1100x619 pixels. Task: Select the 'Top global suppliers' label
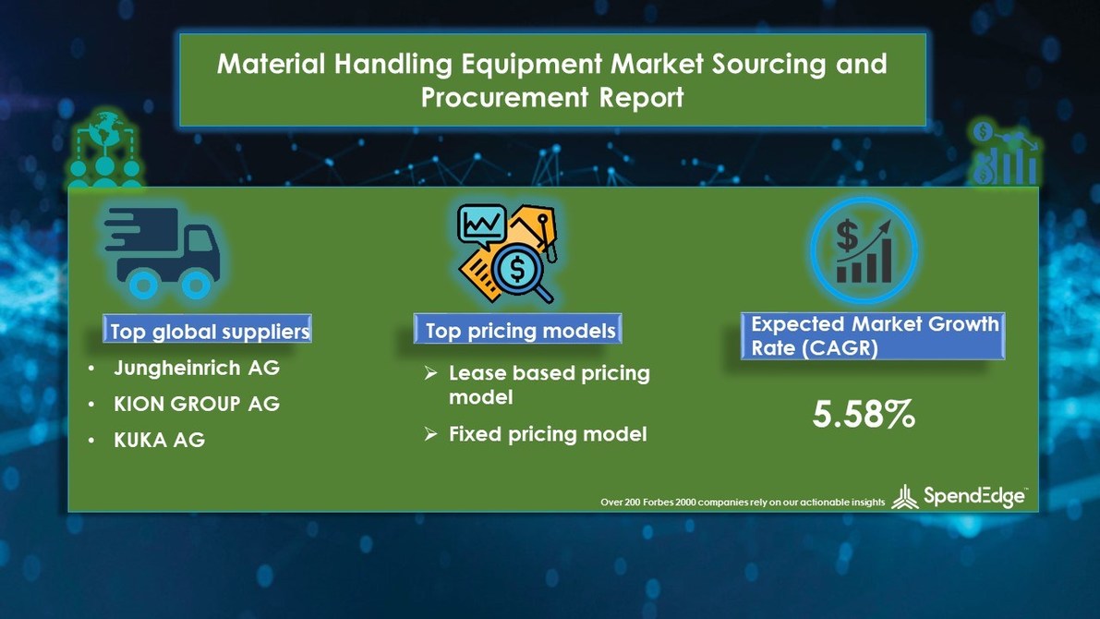[x=210, y=331]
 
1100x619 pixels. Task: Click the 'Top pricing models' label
[x=519, y=331]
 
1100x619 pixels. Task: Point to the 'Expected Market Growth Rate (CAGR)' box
[x=873, y=336]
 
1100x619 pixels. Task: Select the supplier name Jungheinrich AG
[x=196, y=368]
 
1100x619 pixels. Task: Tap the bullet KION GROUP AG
[x=196, y=404]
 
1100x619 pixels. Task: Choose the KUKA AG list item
[x=159, y=441]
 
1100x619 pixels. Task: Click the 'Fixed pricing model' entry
[x=547, y=433]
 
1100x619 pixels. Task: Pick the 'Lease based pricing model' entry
[x=549, y=384]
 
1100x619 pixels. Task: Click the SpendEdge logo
[x=961, y=497]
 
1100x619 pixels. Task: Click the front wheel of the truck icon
[x=196, y=282]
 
